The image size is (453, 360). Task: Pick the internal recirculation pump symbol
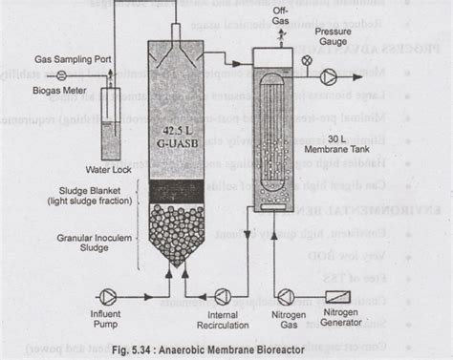(222, 295)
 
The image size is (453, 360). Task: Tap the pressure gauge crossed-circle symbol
(306, 61)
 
